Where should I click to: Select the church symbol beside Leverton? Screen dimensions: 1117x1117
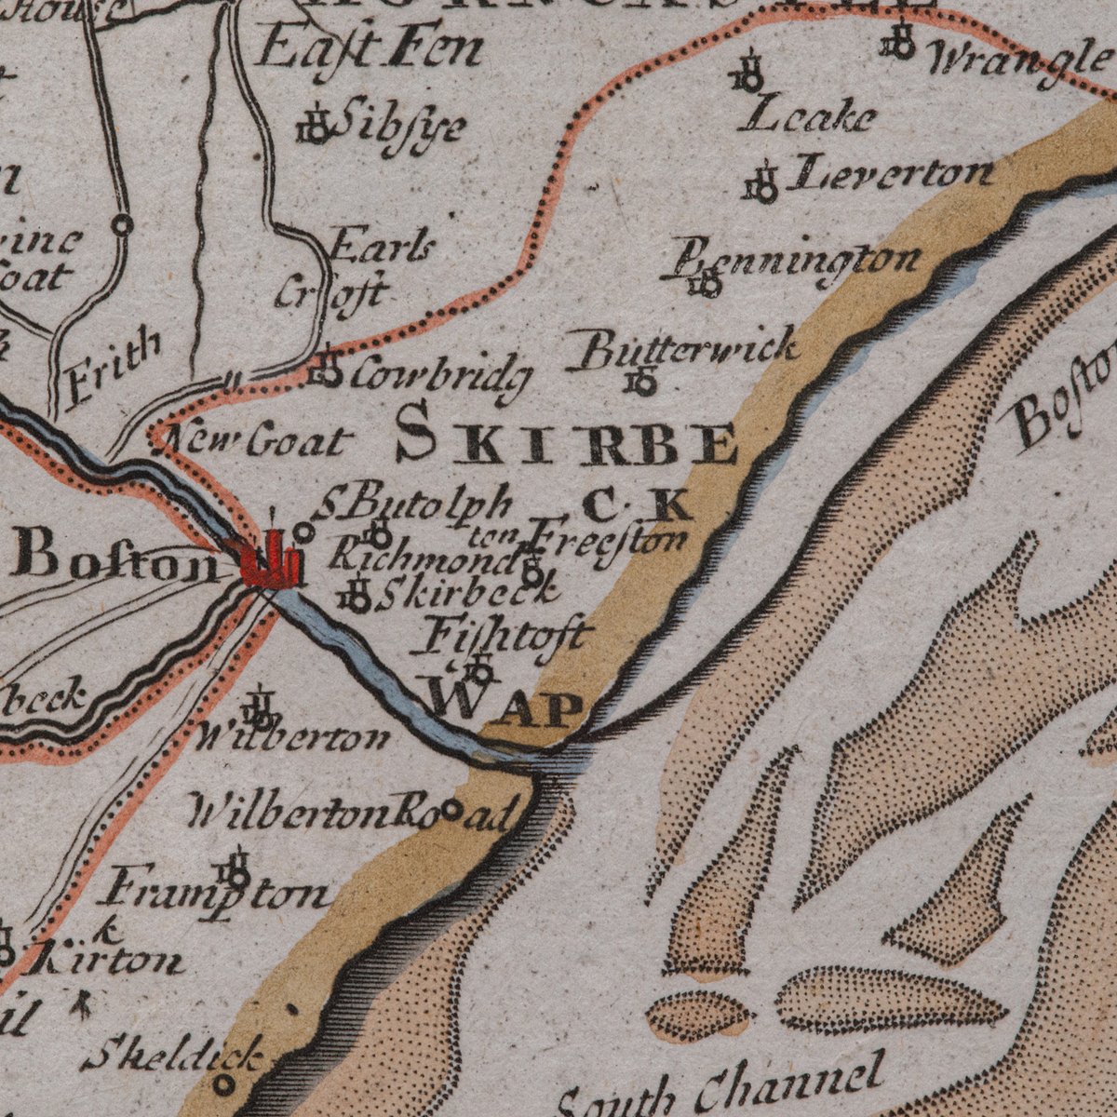coord(762,184)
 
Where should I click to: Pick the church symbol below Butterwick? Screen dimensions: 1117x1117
coord(642,381)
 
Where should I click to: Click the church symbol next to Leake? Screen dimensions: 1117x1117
coord(749,74)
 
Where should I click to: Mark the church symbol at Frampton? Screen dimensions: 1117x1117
coord(236,871)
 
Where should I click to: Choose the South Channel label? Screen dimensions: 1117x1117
coord(722,1089)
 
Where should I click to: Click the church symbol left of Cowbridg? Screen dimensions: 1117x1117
coord(326,370)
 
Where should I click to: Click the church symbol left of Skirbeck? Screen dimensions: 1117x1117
coord(358,595)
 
